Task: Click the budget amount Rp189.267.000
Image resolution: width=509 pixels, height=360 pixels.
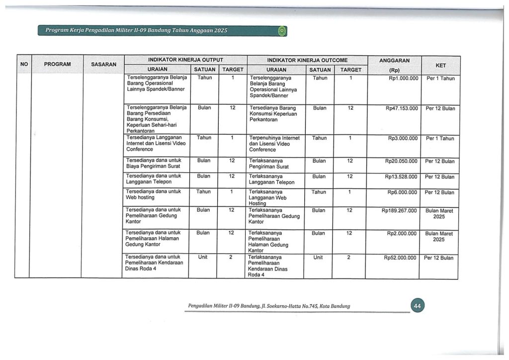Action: click(399, 211)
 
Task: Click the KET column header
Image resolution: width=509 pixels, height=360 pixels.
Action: click(440, 65)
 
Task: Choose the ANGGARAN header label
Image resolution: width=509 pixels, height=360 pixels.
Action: click(394, 60)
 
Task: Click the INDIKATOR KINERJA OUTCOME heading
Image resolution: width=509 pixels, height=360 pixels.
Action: click(307, 60)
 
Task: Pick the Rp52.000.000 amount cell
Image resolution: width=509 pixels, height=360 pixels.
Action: click(401, 258)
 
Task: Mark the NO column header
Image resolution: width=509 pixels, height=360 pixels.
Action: click(23, 64)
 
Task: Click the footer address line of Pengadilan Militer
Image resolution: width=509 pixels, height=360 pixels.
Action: click(269, 306)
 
